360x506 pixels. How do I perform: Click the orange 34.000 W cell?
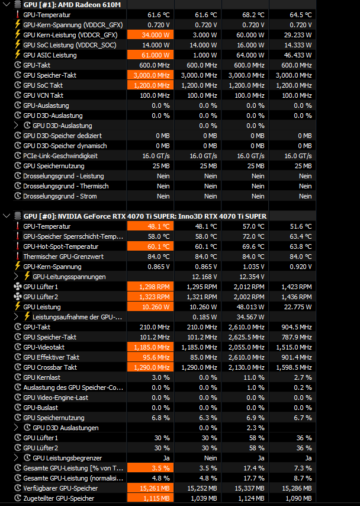[150, 35]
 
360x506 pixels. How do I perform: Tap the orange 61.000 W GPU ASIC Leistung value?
[150, 55]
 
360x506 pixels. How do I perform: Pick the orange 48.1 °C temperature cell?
[150, 226]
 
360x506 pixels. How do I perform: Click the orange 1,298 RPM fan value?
[150, 287]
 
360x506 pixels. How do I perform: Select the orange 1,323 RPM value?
[150, 297]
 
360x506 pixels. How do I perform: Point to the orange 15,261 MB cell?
[150, 488]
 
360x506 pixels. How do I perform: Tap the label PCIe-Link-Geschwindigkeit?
[60, 156]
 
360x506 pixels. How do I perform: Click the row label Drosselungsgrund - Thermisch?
[66, 186]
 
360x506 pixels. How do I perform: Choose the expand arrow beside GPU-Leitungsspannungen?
[17, 277]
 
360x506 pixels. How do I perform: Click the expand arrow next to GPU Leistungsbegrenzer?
[17, 458]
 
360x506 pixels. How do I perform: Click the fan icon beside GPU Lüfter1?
[17, 287]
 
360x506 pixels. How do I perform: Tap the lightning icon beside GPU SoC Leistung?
[17, 45]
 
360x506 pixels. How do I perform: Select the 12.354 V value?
[250, 277]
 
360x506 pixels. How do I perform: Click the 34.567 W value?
[250, 317]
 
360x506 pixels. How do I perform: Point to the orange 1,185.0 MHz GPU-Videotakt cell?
[150, 347]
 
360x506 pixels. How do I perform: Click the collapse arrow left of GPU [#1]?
[5, 5]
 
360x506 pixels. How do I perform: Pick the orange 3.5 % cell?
[150, 468]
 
